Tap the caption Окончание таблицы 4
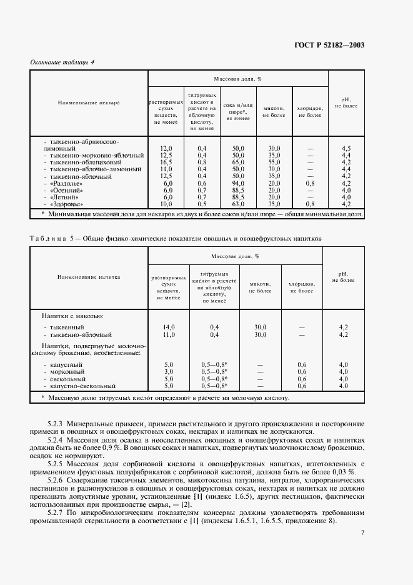pos(62,62)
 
